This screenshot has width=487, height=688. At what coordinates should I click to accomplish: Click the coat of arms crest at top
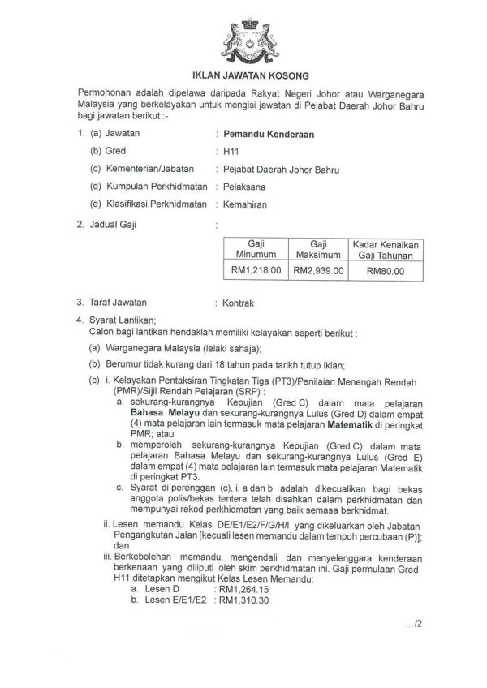[243, 34]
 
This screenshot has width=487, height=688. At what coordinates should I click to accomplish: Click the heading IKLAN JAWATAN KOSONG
[243, 71]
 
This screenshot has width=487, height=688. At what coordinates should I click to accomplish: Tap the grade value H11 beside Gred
[231, 151]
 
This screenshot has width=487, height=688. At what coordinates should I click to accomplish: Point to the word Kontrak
[239, 303]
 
